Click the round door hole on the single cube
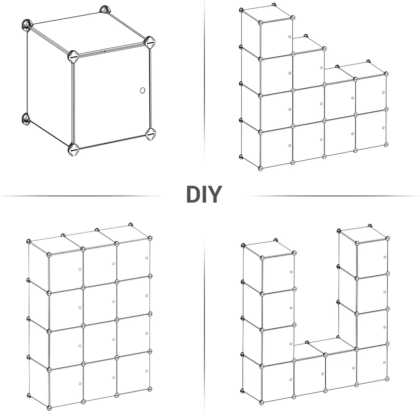[142, 90]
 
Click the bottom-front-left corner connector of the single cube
[73, 149]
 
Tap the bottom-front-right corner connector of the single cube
[150, 133]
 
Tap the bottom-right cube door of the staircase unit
[371, 130]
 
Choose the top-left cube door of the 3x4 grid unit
[66, 270]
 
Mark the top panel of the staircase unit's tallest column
[267, 14]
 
